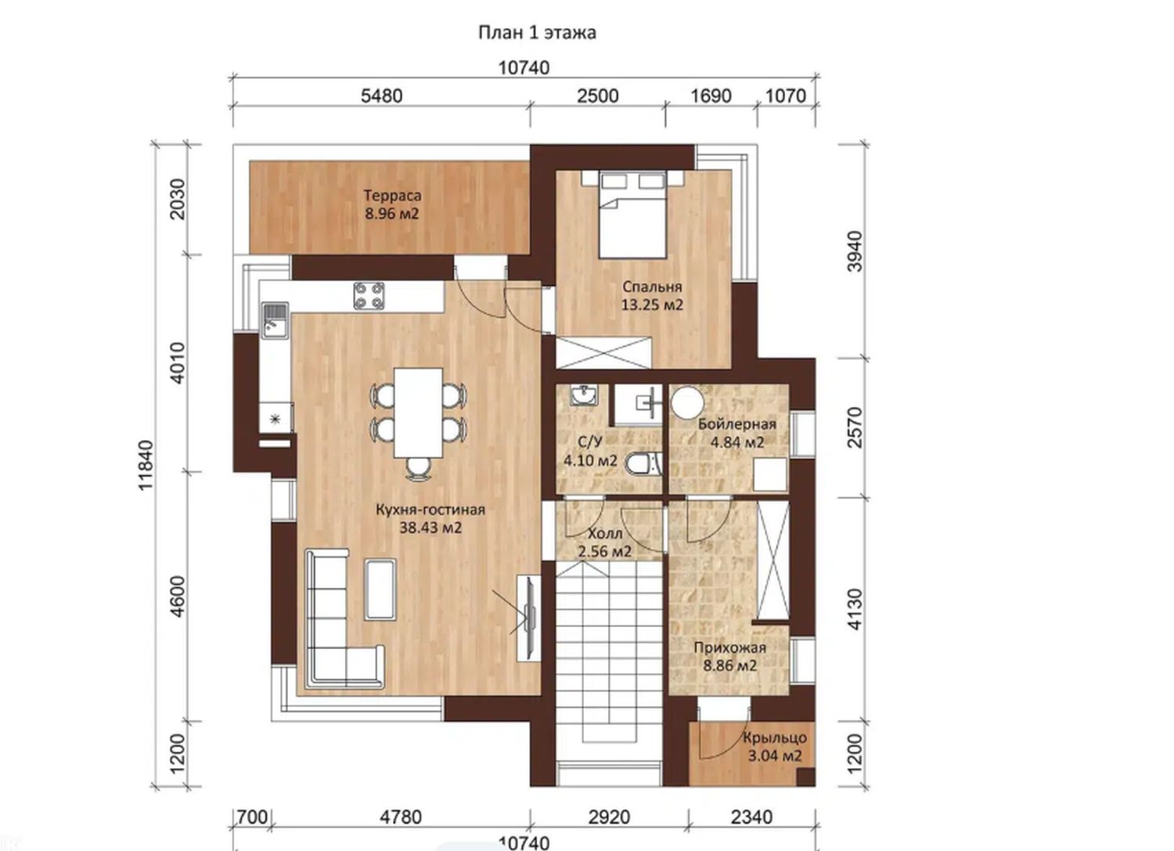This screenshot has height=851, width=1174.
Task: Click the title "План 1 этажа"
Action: pos(537,33)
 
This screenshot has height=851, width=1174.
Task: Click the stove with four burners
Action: pos(369,296)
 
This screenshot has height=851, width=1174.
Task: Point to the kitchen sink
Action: pos(275,320)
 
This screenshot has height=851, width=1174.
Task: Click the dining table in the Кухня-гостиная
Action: pos(418,413)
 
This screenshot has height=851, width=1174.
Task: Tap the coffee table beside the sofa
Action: pos(380,590)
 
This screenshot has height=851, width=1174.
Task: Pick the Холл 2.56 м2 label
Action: pos(605,543)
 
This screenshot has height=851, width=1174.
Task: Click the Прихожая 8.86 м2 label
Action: pos(730,657)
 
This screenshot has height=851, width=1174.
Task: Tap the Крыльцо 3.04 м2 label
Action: pos(775,747)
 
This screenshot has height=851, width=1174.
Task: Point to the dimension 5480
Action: pos(382,96)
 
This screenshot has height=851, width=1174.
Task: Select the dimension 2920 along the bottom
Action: pos(609,817)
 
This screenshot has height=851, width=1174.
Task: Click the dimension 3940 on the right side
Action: pos(855,251)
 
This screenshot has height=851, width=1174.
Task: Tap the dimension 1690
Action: pos(711,96)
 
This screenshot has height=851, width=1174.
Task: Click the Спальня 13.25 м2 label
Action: pos(652,296)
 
